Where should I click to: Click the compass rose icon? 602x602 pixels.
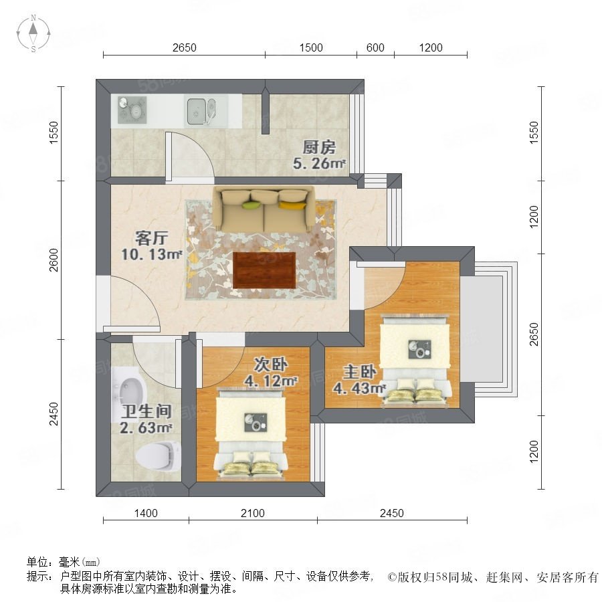pyautogui.click(x=33, y=33)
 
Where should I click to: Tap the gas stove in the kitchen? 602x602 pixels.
pyautogui.click(x=132, y=110)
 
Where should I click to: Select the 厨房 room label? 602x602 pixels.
pyautogui.click(x=318, y=147)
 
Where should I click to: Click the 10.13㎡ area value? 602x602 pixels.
pyautogui.click(x=151, y=254)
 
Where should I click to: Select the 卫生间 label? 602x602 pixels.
pyautogui.click(x=146, y=411)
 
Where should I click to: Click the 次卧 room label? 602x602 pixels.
pyautogui.click(x=270, y=365)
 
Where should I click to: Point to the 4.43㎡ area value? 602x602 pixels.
pyautogui.click(x=359, y=388)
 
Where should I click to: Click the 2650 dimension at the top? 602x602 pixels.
pyautogui.click(x=185, y=47)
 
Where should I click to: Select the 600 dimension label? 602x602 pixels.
pyautogui.click(x=375, y=47)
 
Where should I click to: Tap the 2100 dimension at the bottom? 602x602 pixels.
pyautogui.click(x=253, y=513)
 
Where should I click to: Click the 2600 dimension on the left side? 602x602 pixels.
pyautogui.click(x=54, y=260)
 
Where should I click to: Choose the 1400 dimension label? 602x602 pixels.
pyautogui.click(x=146, y=513)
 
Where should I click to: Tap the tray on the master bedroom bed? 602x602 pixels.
pyautogui.click(x=419, y=350)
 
